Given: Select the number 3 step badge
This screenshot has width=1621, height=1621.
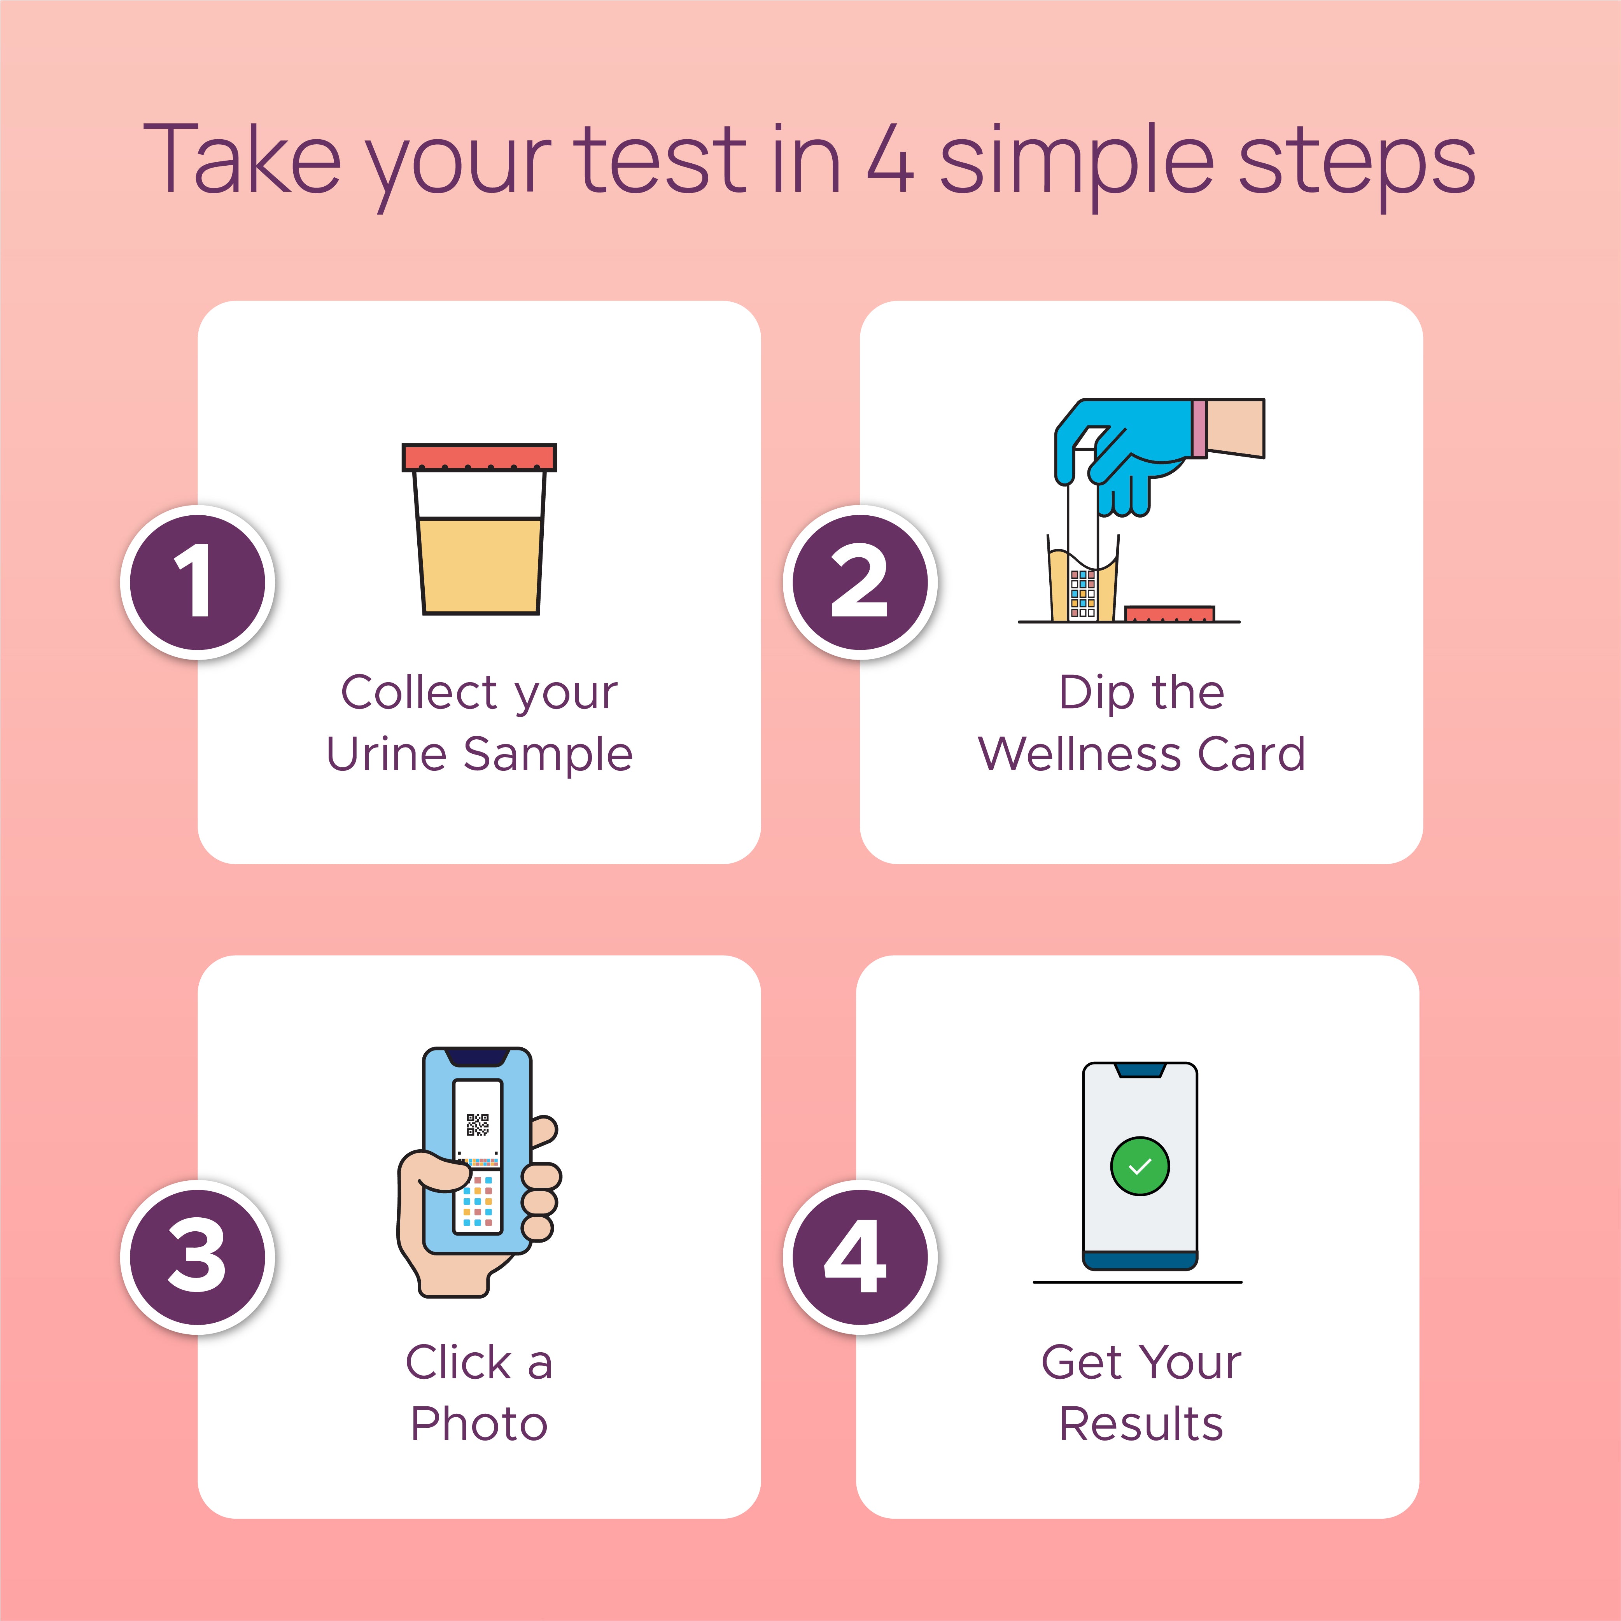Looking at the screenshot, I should (x=197, y=1256).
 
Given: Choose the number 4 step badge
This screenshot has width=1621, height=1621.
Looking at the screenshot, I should (x=860, y=1256).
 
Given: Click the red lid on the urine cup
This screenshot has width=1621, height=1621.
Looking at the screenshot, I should (x=478, y=457).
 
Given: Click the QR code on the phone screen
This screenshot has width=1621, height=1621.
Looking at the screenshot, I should (x=478, y=1124).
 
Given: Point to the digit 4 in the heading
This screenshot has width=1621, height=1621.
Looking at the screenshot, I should (x=889, y=159).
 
